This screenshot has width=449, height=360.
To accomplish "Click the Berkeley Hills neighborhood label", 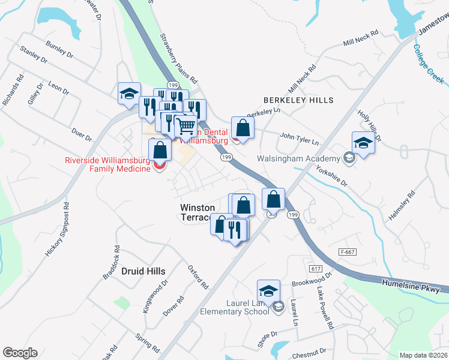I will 298,100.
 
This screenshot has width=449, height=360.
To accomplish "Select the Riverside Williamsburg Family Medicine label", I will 108,164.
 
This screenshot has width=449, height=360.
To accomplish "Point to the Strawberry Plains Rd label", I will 178,58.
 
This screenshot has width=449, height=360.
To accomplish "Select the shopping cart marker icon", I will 187,126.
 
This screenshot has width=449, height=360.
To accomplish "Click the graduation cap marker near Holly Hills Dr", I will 363,143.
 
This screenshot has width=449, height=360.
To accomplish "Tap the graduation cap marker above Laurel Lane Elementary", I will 268,291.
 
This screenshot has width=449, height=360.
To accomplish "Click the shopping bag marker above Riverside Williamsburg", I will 160,151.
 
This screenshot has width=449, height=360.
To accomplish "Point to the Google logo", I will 20,353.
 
